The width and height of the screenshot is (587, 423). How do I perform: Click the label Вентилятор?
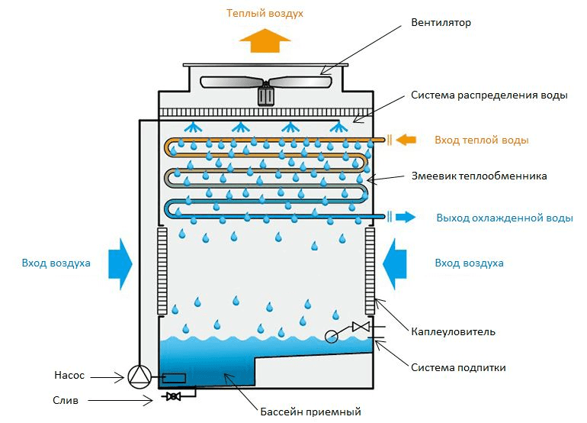(x=441, y=22)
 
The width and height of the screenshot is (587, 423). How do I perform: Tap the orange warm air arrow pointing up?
(x=265, y=40)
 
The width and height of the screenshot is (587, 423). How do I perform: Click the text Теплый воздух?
(x=265, y=14)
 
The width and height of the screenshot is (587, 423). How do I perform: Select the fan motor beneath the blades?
(x=266, y=95)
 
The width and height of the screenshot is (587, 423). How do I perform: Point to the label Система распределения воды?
(x=489, y=95)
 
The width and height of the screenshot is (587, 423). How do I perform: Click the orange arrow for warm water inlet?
(x=406, y=140)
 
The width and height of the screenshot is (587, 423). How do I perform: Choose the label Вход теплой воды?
(x=482, y=140)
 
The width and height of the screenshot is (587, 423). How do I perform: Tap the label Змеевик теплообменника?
(x=480, y=176)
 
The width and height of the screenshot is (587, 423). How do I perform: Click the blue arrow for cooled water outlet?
(x=406, y=216)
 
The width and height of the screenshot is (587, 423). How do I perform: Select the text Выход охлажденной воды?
(x=505, y=218)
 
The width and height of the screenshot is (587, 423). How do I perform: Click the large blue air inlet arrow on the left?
(x=120, y=264)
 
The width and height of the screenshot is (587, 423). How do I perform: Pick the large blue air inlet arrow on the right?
(x=395, y=264)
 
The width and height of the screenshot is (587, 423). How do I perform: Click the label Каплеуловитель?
(x=453, y=332)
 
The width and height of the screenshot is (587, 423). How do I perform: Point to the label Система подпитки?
(x=458, y=367)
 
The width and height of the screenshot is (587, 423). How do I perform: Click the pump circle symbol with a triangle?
(x=140, y=377)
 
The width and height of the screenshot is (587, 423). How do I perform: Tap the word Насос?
(x=69, y=376)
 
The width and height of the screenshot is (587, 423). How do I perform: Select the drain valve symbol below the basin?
(x=173, y=396)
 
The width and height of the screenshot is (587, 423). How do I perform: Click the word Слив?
(x=66, y=401)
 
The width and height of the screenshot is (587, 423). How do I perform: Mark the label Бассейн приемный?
(x=310, y=412)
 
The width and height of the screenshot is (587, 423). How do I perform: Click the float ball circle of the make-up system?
(x=332, y=337)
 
